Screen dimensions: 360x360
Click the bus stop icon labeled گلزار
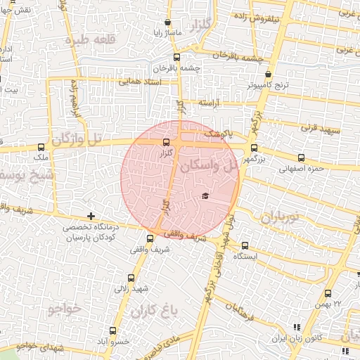[x=166, y=143]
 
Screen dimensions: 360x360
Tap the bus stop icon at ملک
[x=41, y=148]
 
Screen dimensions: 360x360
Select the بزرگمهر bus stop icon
[x=253, y=148]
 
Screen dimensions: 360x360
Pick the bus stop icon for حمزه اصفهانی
[x=302, y=157]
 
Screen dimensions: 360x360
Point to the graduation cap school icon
[x=205, y=195]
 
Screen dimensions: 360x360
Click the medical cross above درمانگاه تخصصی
[x=90, y=216]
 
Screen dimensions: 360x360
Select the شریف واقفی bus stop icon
[x=149, y=238]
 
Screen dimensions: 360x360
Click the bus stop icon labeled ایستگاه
[x=245, y=245]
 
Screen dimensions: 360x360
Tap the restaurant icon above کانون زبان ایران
[x=295, y=327]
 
